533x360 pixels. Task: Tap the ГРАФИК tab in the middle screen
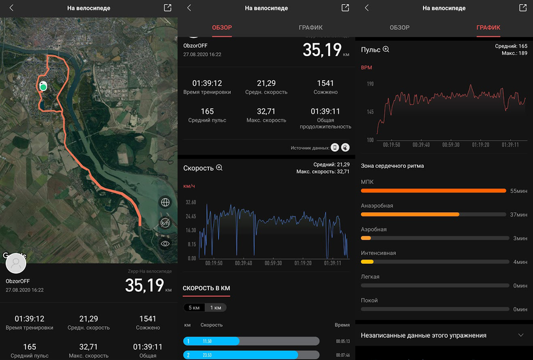(311, 27)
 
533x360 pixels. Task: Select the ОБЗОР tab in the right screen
(399, 27)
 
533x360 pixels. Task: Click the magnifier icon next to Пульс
(386, 49)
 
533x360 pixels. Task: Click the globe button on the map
(165, 202)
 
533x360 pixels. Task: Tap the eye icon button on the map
(165, 243)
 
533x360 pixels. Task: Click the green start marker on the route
(43, 87)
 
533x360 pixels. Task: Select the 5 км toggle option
(194, 308)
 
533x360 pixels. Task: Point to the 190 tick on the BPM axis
(370, 83)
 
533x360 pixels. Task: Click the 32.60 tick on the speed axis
(190, 202)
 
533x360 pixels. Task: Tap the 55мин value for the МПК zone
(518, 191)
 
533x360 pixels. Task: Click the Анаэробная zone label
(377, 206)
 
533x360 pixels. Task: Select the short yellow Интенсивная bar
(367, 261)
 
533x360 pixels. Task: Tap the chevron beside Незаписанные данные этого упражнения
(521, 335)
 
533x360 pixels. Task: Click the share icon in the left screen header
(168, 8)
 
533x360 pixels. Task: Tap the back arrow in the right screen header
(366, 8)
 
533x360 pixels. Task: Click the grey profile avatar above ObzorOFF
(16, 264)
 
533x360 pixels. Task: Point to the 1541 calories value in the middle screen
(326, 83)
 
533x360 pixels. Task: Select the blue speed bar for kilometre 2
(240, 355)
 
